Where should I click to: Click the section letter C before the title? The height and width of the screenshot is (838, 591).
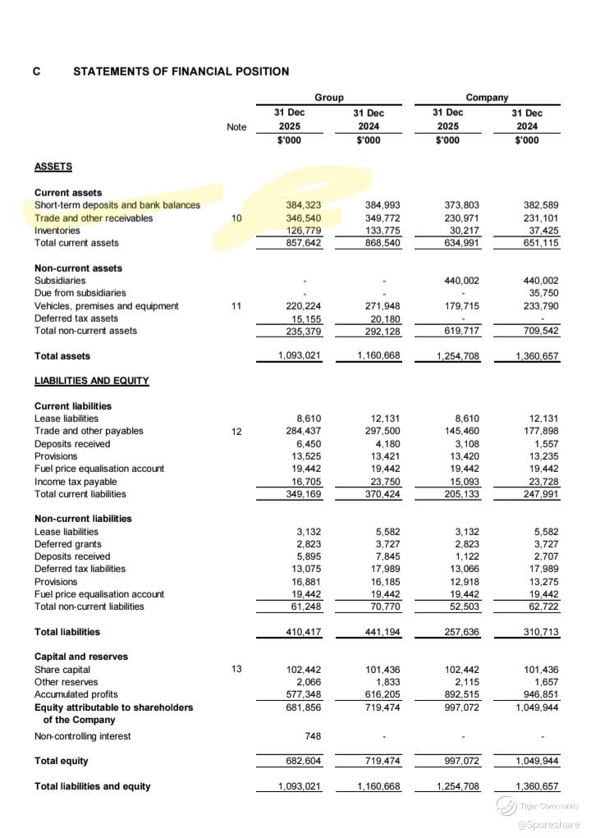tap(37, 71)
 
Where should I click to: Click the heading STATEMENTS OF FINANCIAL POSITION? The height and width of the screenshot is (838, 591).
tap(181, 71)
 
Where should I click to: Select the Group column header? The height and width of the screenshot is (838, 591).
tap(329, 98)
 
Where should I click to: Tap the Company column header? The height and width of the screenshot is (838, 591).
tap(487, 98)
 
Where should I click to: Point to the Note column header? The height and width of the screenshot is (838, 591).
tap(236, 127)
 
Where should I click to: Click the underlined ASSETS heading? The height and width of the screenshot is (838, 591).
tap(53, 167)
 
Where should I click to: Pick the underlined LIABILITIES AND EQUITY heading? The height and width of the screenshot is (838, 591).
tap(91, 381)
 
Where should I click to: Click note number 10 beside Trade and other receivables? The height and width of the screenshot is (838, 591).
tap(236, 218)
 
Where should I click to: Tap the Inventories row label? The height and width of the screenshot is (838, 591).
tap(57, 231)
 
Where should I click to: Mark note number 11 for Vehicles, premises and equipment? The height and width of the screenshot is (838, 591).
tap(236, 306)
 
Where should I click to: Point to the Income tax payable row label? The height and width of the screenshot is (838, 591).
tap(76, 482)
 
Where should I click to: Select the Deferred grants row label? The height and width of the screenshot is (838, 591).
tap(68, 544)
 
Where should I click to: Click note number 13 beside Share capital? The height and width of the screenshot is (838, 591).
tap(236, 670)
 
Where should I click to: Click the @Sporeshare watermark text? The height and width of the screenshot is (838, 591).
tap(548, 824)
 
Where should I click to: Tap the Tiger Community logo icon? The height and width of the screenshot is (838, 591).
tap(506, 807)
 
